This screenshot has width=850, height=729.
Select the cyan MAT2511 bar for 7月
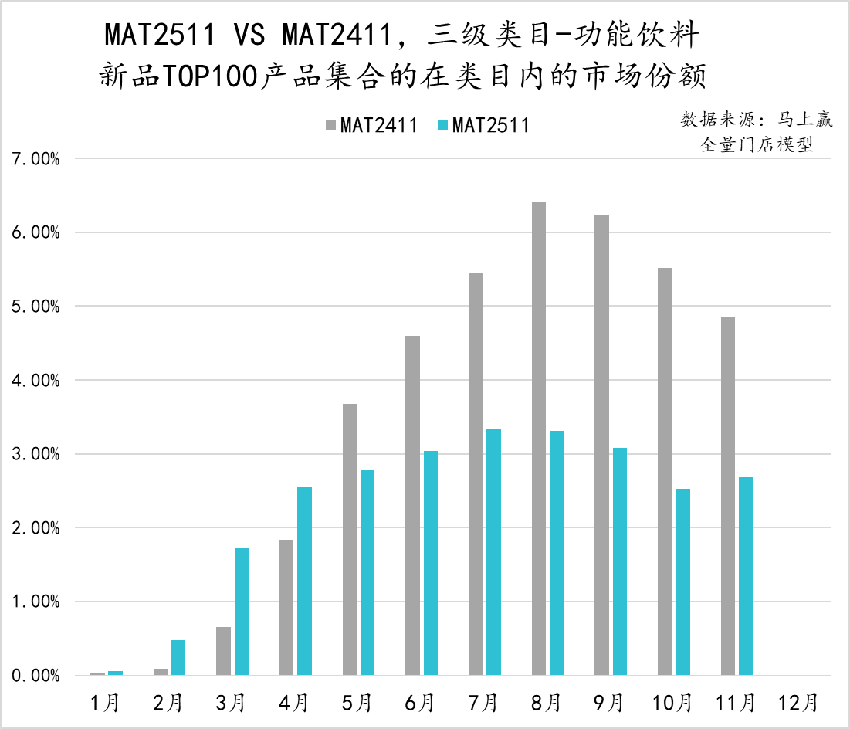494,552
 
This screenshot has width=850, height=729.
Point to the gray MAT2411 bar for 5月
350,540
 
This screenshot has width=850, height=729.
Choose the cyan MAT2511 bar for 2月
178,657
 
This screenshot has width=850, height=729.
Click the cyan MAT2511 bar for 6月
431,563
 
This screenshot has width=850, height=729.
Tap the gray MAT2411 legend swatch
330,125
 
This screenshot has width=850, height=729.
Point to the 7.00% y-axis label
36,159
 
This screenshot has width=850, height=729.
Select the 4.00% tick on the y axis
36,381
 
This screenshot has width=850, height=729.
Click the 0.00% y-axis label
36,676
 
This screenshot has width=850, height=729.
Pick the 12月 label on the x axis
798,703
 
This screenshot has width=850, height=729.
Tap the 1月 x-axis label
105,703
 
